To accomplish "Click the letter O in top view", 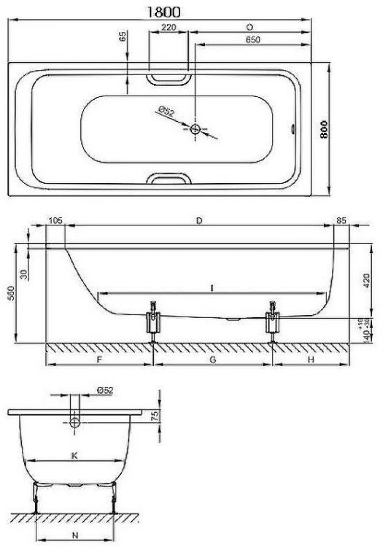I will pyautogui.click(x=249, y=27).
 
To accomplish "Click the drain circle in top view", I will pyautogui.click(x=196, y=129).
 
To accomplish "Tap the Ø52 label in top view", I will pyautogui.click(x=165, y=112).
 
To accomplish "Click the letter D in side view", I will pyautogui.click(x=200, y=220).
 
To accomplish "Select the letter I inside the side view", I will pyautogui.click(x=211, y=290).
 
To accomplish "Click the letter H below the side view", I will pyautogui.click(x=310, y=359).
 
